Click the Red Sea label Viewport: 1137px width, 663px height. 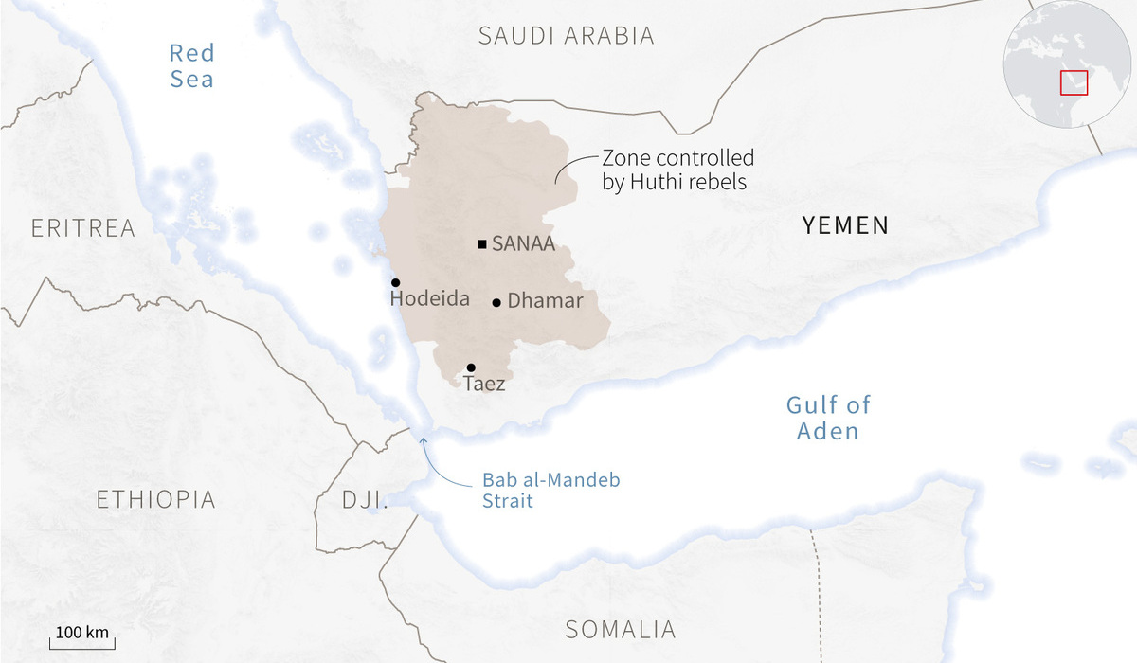191,65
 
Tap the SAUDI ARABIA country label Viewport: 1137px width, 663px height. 566,36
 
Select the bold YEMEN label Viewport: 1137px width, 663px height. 845,225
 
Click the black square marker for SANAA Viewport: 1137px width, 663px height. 482,244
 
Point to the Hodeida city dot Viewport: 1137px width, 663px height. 395,282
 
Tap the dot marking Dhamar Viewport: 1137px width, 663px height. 496,303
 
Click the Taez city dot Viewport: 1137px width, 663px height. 471,367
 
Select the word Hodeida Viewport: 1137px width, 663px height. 429,299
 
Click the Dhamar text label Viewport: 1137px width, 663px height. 545,302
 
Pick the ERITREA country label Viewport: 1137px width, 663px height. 82,228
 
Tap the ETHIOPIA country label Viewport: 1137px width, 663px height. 155,499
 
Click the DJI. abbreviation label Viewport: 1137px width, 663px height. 365,499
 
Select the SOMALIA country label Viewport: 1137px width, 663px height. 620,629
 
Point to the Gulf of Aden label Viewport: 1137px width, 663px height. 827,418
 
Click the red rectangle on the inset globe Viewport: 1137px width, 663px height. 1074,81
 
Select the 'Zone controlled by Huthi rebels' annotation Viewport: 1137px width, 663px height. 677,170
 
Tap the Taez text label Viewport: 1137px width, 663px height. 483,385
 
